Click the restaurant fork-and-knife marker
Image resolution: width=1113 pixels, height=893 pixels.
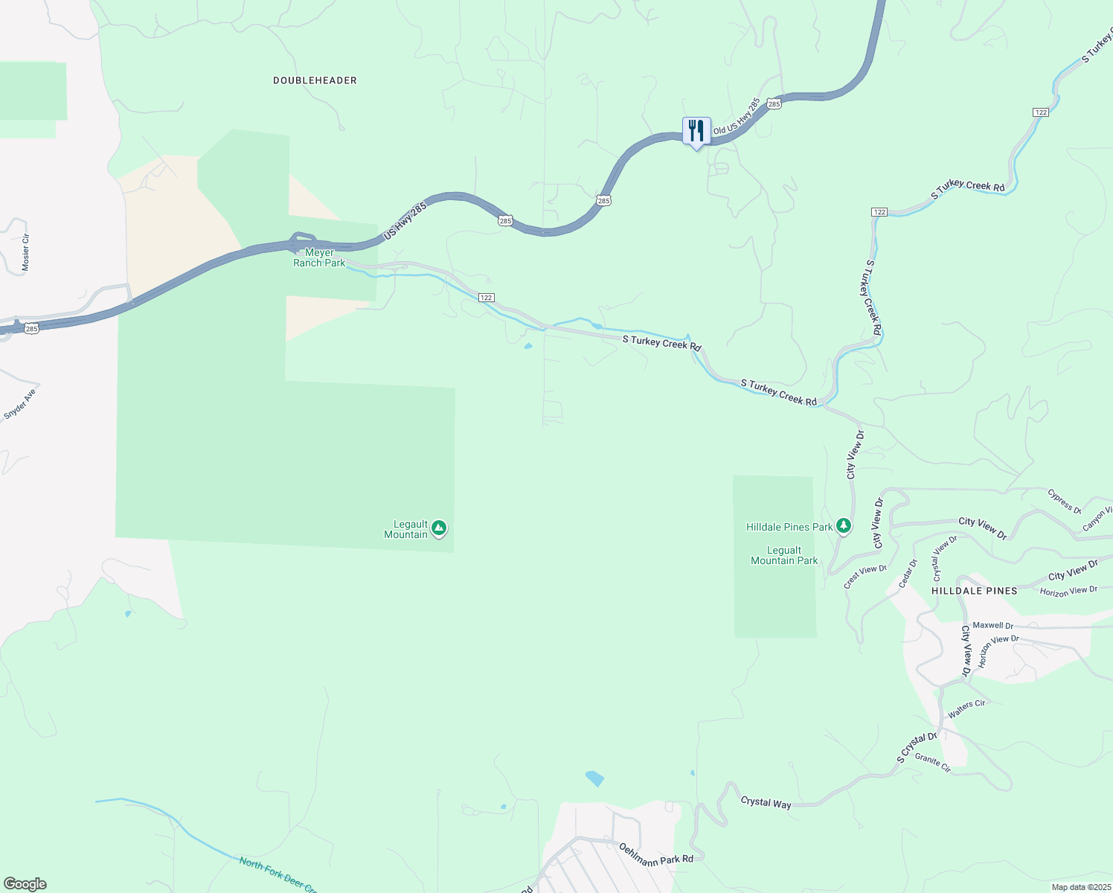(696, 132)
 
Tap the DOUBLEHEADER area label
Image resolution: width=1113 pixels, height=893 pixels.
(315, 80)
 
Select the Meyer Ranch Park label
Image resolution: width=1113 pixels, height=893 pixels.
(319, 257)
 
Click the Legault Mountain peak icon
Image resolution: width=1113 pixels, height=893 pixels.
(439, 528)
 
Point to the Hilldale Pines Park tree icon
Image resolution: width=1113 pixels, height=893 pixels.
(843, 526)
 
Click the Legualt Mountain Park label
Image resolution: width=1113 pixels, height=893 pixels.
(784, 555)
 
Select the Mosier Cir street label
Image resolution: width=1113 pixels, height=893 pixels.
(26, 252)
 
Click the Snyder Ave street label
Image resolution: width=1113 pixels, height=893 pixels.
(19, 404)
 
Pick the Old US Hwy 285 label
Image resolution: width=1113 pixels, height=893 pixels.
(737, 117)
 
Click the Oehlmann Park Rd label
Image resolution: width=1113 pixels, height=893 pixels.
(656, 853)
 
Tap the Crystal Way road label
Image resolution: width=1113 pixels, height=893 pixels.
(766, 803)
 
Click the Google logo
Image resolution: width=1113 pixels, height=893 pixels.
(25, 884)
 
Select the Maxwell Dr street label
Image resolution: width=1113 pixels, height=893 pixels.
(992, 626)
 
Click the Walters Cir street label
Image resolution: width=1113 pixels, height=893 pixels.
(966, 708)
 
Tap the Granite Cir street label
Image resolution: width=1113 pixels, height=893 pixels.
(932, 763)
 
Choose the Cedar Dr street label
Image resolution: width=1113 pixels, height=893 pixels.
(908, 573)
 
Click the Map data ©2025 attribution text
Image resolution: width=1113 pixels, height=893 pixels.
(1081, 887)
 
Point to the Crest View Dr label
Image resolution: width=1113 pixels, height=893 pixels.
(865, 577)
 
